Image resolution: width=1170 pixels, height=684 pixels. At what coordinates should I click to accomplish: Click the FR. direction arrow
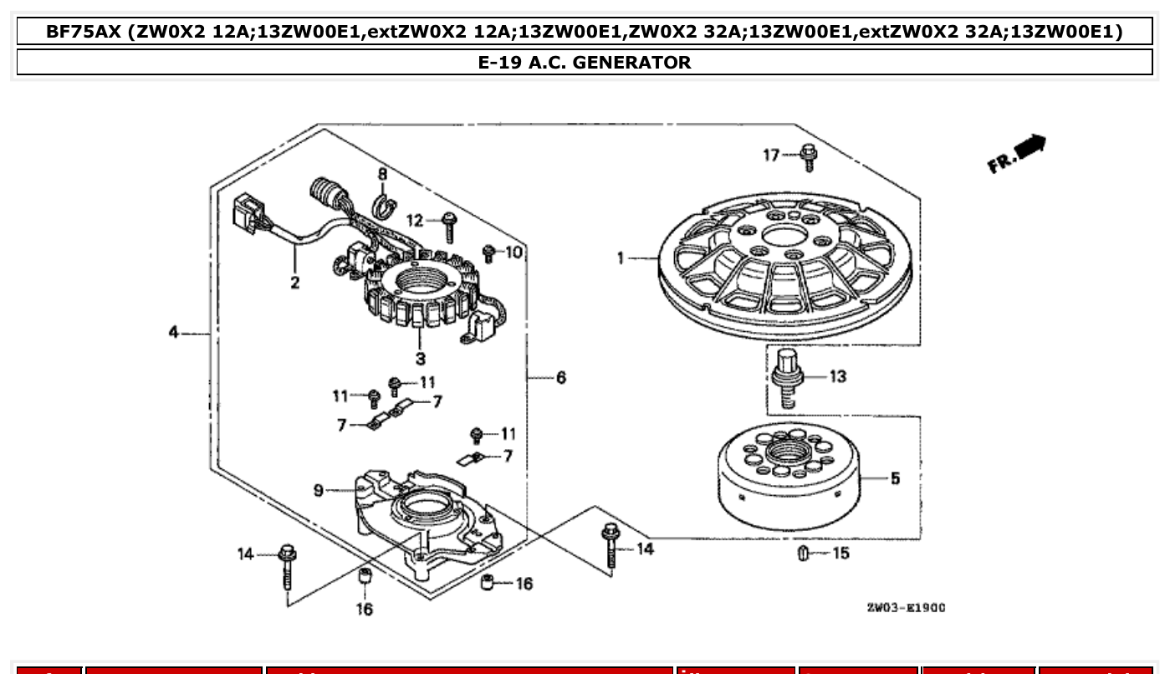1018,154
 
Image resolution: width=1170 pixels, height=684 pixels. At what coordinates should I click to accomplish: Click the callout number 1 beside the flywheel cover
621,258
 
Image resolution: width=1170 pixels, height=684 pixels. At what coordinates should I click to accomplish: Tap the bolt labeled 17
808,156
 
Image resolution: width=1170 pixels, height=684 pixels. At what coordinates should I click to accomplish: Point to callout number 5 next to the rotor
895,479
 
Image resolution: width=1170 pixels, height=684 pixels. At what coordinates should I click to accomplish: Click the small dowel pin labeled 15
803,554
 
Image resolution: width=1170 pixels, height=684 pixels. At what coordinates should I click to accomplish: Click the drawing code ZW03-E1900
906,608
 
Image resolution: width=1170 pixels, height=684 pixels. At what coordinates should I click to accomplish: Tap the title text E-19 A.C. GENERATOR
585,62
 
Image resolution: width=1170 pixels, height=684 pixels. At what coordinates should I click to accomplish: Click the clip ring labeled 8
383,205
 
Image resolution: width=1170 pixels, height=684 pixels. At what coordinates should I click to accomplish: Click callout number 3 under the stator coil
420,359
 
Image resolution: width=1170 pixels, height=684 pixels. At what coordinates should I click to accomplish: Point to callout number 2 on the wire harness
295,283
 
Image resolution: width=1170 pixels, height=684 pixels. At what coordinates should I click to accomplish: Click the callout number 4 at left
173,332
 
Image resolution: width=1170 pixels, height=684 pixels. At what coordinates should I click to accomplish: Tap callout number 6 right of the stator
560,378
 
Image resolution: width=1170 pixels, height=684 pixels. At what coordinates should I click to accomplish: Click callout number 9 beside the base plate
319,491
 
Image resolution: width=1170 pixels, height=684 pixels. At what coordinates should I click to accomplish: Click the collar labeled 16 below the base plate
365,579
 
